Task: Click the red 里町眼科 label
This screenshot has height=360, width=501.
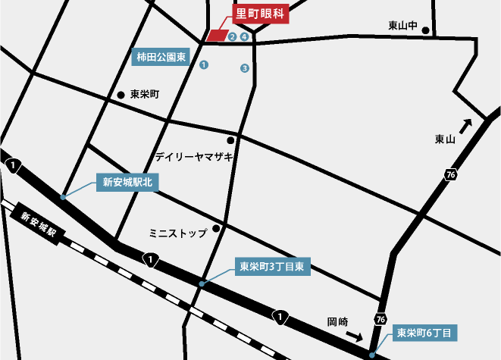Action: tap(258, 14)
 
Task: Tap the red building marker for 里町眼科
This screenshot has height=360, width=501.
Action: tap(218, 36)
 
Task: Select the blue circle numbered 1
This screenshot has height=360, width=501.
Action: tap(204, 66)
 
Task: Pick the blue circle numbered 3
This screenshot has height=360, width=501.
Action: tap(244, 68)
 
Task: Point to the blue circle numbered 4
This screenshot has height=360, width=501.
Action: tap(244, 36)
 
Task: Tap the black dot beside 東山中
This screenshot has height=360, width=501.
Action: tap(426, 31)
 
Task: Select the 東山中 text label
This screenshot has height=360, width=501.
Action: tap(402, 26)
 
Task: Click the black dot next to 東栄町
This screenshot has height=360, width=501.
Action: tap(121, 95)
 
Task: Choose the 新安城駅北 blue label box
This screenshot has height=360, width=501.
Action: tap(126, 182)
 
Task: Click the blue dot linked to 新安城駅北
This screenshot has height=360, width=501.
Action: tap(62, 196)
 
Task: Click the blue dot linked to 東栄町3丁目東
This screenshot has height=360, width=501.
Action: tap(202, 283)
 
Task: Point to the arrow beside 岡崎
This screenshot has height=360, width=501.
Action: tap(354, 334)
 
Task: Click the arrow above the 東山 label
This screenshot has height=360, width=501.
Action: tap(465, 125)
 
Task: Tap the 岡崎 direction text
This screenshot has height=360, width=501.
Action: tap(338, 321)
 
